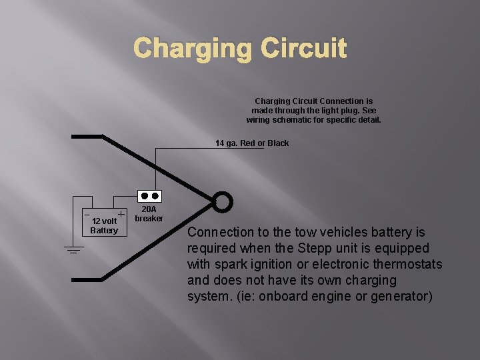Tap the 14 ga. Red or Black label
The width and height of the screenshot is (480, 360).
pos(252,143)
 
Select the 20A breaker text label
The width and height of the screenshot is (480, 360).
pos(149,214)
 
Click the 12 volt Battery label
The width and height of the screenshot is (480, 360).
pos(104,226)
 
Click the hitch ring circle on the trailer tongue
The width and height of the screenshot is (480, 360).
pos(223,201)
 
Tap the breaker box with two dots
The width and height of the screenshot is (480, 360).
pos(149,197)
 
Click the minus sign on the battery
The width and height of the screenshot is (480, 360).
pos(86,214)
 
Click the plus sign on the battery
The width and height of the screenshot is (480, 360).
pos(121,214)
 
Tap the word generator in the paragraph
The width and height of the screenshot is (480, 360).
pos(398,297)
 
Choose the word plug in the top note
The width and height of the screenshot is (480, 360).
pos(348,111)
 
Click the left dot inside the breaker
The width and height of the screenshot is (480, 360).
pos(144,197)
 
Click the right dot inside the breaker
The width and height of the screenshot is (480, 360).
pos(155,197)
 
